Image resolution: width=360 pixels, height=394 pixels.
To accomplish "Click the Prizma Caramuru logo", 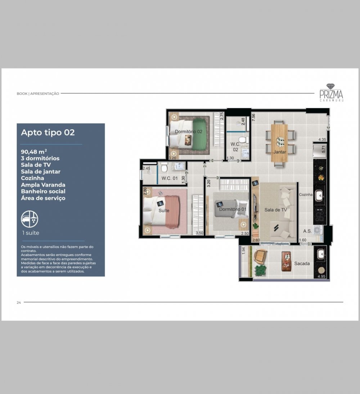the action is (x=331, y=92).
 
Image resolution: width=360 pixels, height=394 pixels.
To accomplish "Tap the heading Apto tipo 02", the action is (x=48, y=132).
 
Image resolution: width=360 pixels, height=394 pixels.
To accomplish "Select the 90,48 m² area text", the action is (x=34, y=151).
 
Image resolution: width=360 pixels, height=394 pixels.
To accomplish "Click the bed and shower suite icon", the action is (x=30, y=219).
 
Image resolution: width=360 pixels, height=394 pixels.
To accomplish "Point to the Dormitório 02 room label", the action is (x=189, y=131).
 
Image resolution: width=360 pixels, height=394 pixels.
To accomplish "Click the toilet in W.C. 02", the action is (x=243, y=140).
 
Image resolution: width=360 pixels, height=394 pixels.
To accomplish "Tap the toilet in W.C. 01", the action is (x=164, y=167).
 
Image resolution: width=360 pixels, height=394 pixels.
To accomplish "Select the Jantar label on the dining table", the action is (x=280, y=152).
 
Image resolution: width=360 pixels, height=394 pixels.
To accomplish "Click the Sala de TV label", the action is (x=275, y=210).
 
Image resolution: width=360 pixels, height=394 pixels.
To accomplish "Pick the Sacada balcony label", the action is (x=302, y=263).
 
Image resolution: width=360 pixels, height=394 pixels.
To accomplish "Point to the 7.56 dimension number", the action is (x=253, y=117).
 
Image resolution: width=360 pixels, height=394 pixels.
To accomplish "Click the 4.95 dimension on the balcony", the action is (x=321, y=276).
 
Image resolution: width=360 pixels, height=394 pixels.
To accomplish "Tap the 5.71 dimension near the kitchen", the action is (x=324, y=149).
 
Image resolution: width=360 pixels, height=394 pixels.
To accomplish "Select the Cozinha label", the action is (x=306, y=195).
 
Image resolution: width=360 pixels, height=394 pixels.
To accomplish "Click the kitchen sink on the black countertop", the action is (x=319, y=195).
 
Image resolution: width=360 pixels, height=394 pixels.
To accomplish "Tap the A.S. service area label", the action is (x=307, y=231).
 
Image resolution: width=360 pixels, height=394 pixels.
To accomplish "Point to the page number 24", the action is (x=19, y=303).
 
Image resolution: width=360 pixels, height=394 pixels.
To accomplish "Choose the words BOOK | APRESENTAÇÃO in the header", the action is (x=38, y=94).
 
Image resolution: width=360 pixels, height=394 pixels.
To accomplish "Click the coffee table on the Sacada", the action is (x=286, y=262).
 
